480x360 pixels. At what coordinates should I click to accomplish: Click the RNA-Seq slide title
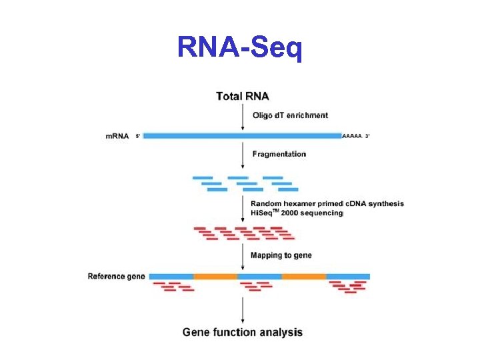pyautogui.click(x=240, y=47)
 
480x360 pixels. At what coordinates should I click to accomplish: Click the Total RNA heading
pyautogui.click(x=243, y=97)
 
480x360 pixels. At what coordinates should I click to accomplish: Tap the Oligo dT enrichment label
pyautogui.click(x=290, y=115)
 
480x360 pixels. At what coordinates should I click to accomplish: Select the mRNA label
pyautogui.click(x=117, y=136)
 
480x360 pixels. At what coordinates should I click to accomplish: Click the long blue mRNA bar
pyautogui.click(x=242, y=136)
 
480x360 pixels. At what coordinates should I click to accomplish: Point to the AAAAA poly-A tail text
pyautogui.click(x=351, y=136)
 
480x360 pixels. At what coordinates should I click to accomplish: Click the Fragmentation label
pyautogui.click(x=279, y=154)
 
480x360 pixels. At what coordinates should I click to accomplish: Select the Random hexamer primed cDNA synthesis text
pyautogui.click(x=327, y=203)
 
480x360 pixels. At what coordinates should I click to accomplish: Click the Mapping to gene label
pyautogui.click(x=281, y=255)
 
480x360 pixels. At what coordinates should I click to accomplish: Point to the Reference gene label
pyautogui.click(x=116, y=276)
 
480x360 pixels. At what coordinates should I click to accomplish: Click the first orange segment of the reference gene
pyautogui.click(x=215, y=276)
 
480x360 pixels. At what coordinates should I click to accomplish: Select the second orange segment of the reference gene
pyautogui.click(x=304, y=276)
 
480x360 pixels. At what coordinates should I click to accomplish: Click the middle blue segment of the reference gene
pyautogui.click(x=259, y=276)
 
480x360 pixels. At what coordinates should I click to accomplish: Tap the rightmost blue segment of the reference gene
pyautogui.click(x=348, y=276)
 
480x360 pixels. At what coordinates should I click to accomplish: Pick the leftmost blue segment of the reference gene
pyautogui.click(x=171, y=276)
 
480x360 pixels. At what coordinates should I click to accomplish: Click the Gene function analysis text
pyautogui.click(x=243, y=332)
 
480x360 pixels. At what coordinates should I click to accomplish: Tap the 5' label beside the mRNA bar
pyautogui.click(x=138, y=136)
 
